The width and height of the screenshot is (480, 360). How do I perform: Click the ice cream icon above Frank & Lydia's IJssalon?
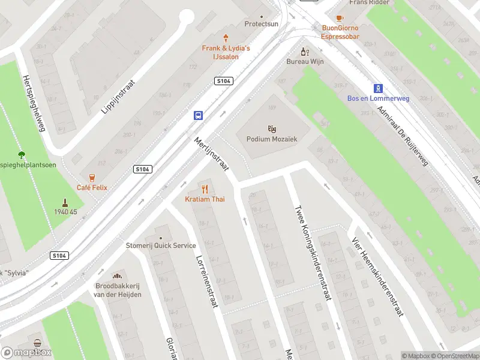coord(226,38)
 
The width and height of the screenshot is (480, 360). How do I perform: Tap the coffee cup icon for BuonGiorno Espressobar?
coord(340,18)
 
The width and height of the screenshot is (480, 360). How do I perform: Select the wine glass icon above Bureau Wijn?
coord(305,52)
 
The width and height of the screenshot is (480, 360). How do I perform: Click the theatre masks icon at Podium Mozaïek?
coord(272,128)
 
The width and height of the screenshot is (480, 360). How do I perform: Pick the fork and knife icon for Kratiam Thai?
coord(205,189)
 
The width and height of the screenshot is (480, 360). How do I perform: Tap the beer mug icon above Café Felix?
coord(92,177)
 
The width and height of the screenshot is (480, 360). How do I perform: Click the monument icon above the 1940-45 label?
coord(65,202)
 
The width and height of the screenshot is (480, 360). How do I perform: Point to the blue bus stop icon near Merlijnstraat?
coord(197,115)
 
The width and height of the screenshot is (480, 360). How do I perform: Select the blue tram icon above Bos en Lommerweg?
coord(378,88)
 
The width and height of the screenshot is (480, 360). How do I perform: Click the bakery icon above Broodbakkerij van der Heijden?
coord(118,275)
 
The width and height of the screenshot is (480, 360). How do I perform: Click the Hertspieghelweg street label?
coord(34,103)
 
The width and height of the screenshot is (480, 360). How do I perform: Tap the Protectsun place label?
coord(262,24)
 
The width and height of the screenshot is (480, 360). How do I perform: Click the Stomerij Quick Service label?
coord(160,245)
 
